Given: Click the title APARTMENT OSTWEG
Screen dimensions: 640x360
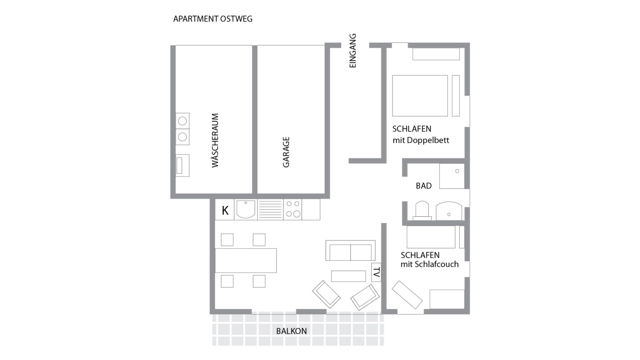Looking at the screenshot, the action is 213,19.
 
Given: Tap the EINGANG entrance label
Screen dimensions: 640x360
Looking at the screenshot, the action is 353,51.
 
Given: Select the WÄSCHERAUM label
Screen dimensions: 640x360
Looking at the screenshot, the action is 215,140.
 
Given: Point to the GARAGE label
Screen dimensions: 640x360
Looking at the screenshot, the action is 286,152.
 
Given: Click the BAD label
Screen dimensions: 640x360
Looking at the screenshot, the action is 424,186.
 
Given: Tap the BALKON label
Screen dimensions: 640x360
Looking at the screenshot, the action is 291,331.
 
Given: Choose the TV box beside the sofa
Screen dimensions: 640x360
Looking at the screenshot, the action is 376,272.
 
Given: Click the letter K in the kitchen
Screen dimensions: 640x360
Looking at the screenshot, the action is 225,211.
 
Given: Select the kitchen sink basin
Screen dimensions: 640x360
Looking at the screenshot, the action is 246,210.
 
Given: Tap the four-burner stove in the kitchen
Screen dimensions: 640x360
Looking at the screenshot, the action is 293,210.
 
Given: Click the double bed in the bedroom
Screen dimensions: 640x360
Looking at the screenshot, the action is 420,96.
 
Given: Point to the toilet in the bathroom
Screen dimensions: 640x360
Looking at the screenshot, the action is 422,211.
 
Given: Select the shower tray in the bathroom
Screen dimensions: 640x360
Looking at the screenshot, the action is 452,176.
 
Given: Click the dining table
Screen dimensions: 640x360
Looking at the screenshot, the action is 246,261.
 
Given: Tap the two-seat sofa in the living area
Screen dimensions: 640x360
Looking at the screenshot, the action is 350,250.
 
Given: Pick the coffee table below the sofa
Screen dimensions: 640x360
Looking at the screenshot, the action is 349,276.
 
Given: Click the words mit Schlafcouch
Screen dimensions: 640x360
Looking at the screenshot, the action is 429,264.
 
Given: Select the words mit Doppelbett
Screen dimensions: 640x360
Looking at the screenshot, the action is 421,140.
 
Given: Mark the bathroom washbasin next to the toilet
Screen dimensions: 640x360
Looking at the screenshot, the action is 449,211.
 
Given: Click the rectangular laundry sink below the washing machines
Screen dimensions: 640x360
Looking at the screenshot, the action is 182,165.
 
